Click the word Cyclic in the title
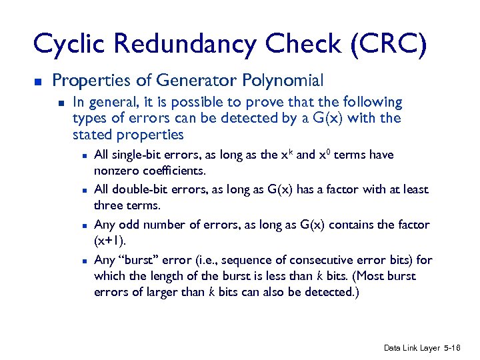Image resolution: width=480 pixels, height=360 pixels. [x=71, y=44]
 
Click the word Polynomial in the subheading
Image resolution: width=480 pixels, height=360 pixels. [x=284, y=81]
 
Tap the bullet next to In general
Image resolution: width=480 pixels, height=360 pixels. [x=61, y=103]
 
